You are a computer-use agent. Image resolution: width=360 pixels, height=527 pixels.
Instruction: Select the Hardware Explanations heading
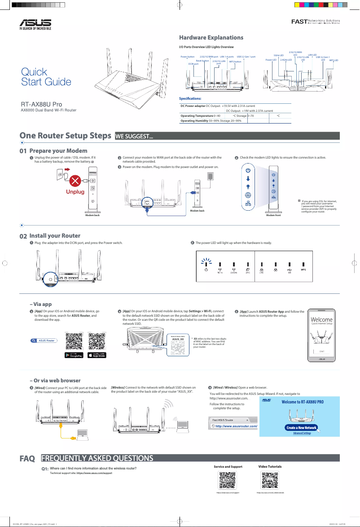pos(211,37)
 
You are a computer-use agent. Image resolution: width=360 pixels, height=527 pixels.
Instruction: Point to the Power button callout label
pos(187,57)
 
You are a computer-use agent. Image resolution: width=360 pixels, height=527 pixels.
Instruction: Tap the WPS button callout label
pos(235,62)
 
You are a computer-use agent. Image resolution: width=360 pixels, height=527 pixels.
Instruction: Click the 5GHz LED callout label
pos(278,55)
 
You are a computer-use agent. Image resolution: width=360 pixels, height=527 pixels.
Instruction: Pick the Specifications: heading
pos(190,98)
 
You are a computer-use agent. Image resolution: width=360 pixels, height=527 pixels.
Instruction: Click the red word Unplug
pos(75,191)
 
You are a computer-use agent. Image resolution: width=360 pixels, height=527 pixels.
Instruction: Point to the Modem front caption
pos(273,216)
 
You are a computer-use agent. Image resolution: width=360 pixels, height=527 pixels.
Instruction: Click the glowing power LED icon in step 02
pos(206,264)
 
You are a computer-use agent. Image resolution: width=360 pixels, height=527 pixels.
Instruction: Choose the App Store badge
pos(97,355)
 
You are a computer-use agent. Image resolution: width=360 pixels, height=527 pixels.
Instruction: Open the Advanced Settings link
pos(302,433)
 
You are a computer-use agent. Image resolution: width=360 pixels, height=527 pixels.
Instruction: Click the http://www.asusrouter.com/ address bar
pos(234,426)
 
